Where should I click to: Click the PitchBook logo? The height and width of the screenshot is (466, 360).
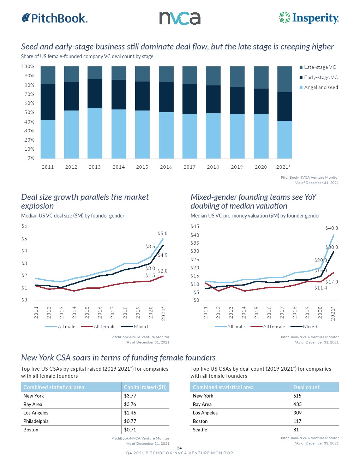coord(55,18)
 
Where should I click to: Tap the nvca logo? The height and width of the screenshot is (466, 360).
coord(180,18)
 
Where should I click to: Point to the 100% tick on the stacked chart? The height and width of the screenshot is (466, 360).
coord(28,67)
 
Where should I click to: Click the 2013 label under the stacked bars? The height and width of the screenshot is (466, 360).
coord(95,167)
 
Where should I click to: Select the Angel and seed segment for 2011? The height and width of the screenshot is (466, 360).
coord(48,139)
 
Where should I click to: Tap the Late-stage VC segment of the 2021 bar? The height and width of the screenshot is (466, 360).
coord(284,79)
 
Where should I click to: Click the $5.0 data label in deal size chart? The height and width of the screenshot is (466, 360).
coord(163,233)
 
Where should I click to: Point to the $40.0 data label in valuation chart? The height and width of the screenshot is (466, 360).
coord(332,228)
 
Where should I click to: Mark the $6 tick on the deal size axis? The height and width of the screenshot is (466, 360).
coord(24,226)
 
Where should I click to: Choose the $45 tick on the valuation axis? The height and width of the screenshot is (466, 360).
coord(195,226)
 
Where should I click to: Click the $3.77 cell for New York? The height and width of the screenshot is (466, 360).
coord(130,396)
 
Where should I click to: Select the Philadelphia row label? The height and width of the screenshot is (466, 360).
coord(36,421)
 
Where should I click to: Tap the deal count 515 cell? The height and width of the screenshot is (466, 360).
coord(298,396)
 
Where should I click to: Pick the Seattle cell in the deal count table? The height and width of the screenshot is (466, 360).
coord(200,430)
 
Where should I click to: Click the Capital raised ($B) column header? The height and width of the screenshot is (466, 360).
coord(145,387)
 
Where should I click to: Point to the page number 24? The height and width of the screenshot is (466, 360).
coord(179,448)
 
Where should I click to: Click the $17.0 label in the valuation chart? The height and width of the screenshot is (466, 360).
coord(332,282)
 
